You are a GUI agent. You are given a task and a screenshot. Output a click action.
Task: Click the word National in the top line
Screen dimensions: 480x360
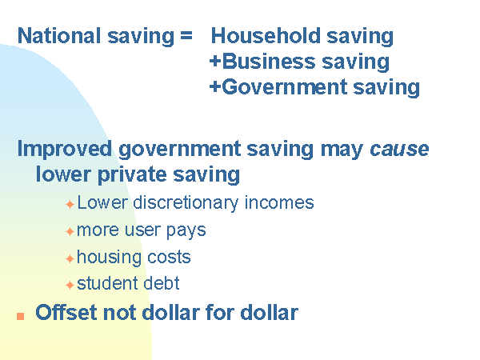pyautogui.click(x=59, y=35)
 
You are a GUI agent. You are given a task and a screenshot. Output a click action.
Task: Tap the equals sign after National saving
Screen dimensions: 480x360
pyautogui.click(x=186, y=35)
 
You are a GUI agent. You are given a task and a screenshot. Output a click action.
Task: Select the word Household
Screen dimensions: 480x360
pyautogui.click(x=266, y=35)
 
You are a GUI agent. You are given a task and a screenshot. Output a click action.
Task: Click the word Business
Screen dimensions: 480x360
pyautogui.click(x=269, y=62)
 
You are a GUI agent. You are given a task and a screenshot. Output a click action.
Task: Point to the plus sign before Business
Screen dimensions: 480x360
pyautogui.click(x=215, y=61)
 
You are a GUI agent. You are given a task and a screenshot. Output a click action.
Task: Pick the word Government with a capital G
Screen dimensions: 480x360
pyautogui.click(x=284, y=87)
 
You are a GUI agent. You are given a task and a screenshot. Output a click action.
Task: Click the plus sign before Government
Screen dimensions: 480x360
pyautogui.click(x=215, y=86)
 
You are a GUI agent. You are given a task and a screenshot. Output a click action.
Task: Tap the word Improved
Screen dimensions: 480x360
pyautogui.click(x=65, y=150)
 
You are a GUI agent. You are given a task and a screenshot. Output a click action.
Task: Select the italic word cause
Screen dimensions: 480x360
pyautogui.click(x=399, y=150)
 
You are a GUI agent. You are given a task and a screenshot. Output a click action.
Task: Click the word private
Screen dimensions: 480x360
pyautogui.click(x=132, y=175)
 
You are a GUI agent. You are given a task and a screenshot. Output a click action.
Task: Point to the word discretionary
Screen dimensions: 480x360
pyautogui.click(x=186, y=203)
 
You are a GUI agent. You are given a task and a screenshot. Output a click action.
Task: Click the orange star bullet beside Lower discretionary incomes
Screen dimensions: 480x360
pyautogui.click(x=70, y=204)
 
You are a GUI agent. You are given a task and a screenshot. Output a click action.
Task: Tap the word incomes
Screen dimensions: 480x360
pyautogui.click(x=279, y=202)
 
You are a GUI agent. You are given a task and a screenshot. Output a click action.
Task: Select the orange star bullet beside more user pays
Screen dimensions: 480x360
pyautogui.click(x=70, y=231)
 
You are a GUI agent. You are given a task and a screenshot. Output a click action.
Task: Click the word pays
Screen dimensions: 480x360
pyautogui.click(x=186, y=231)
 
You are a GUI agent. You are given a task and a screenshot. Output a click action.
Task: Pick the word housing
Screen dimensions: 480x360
pyautogui.click(x=109, y=257)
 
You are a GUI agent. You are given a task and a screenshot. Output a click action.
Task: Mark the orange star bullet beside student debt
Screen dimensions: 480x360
pyautogui.click(x=70, y=285)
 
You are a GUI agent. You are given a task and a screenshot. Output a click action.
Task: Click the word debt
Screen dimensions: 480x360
pyautogui.click(x=162, y=283)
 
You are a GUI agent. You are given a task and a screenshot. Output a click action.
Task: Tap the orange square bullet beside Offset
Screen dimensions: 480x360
pyautogui.click(x=21, y=316)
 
